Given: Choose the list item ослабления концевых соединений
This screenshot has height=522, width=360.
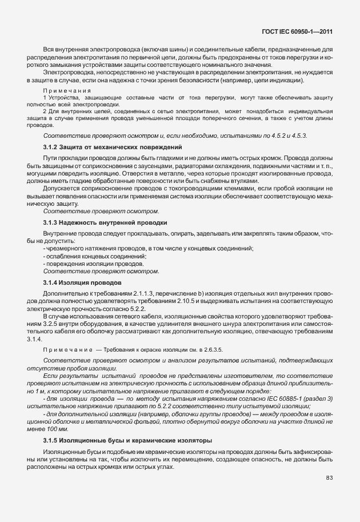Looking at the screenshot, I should click(95, 256).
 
